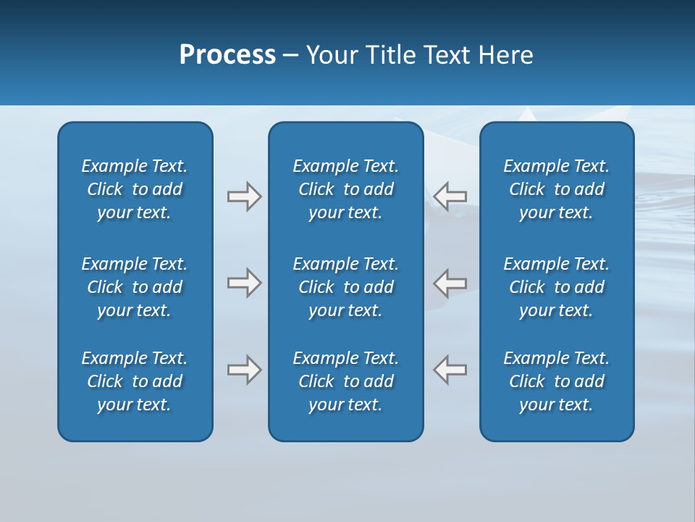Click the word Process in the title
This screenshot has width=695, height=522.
(227, 55)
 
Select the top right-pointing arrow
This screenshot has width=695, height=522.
(244, 196)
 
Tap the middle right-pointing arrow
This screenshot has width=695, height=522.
(244, 283)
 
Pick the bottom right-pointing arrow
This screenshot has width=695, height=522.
(244, 370)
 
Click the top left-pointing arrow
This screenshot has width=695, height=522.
(450, 196)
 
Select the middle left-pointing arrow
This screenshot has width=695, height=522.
(450, 283)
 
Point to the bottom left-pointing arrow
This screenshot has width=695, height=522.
(450, 370)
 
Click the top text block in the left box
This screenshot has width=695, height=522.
(135, 189)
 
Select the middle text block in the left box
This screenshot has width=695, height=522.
(135, 287)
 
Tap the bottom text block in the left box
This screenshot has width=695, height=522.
(135, 381)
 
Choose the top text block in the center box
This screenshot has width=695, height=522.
(346, 189)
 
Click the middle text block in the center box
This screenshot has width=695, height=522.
(346, 287)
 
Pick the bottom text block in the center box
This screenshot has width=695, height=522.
(346, 381)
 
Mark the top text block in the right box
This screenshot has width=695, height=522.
(557, 189)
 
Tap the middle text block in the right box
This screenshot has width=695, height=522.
(557, 287)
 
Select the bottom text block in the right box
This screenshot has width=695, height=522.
(557, 381)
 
